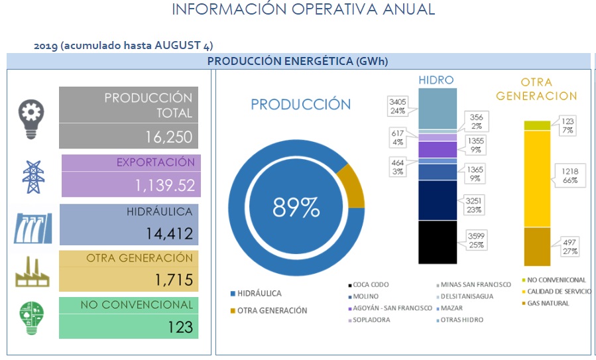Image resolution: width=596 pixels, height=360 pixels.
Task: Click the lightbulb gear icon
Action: tap(31, 119)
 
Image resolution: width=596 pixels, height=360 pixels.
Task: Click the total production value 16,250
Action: tap(168, 137)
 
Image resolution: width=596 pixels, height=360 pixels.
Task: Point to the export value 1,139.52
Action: tap(166, 186)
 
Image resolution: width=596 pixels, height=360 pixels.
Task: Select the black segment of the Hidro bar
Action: tap(438, 242)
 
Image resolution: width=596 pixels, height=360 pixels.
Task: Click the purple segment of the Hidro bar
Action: tap(438, 149)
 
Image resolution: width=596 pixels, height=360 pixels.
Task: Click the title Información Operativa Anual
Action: tap(303, 9)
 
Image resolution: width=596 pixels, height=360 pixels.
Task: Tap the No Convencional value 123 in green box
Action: tap(179, 327)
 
